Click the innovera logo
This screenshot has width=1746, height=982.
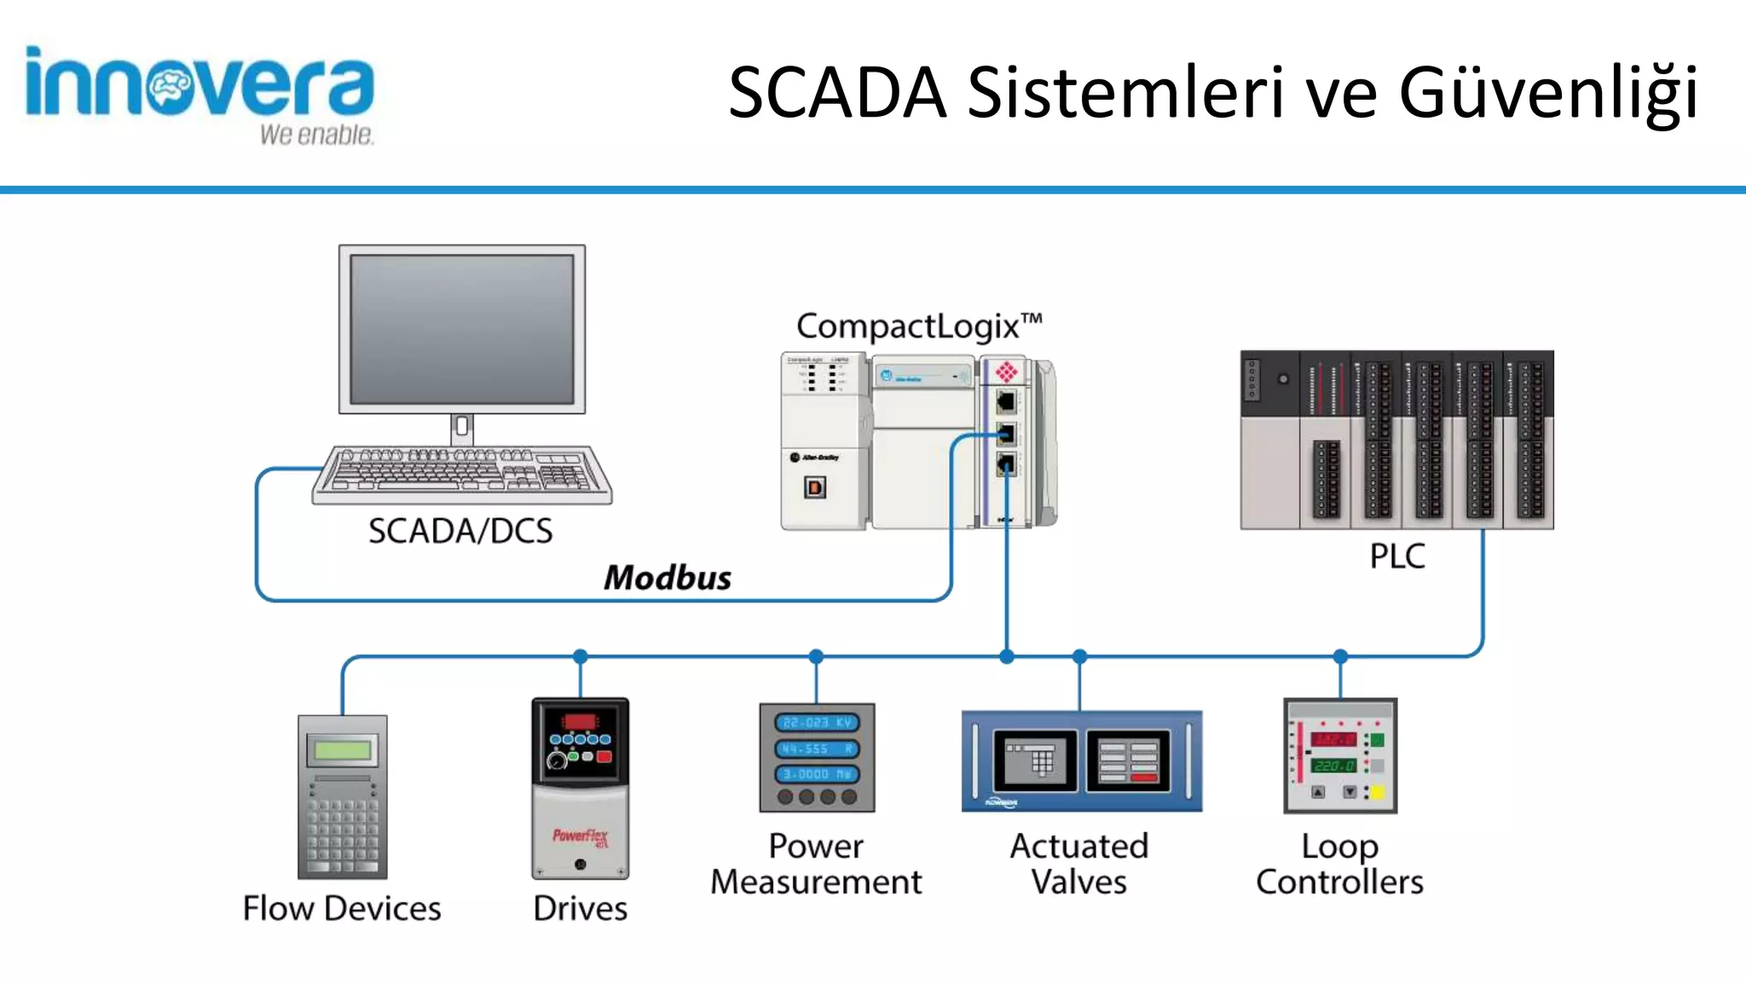pos(199,94)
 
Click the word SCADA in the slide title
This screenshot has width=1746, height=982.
pos(837,92)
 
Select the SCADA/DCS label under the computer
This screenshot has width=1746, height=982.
pos(460,531)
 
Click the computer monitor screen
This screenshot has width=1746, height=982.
pos(461,329)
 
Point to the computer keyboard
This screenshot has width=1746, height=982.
pos(461,474)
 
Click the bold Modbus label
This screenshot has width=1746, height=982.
pos(668,578)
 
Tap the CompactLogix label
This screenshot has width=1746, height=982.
pos(918,326)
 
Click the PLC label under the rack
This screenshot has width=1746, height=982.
pos(1396,556)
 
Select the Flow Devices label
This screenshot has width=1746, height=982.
pos(342,909)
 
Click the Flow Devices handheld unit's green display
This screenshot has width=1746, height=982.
pos(342,750)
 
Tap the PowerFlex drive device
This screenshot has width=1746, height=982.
pos(580,788)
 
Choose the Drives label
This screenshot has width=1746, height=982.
pos(580,909)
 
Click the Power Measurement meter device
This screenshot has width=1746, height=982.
pos(817,757)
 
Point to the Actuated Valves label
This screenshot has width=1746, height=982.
pos(1079,864)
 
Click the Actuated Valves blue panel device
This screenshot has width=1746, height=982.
pos(1081,760)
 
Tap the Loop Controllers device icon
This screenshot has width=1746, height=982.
pos(1340,755)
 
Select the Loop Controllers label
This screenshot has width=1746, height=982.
pos(1339,864)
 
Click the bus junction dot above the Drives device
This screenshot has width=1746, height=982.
pos(581,656)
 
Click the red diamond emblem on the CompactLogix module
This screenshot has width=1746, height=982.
pos(1006,372)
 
